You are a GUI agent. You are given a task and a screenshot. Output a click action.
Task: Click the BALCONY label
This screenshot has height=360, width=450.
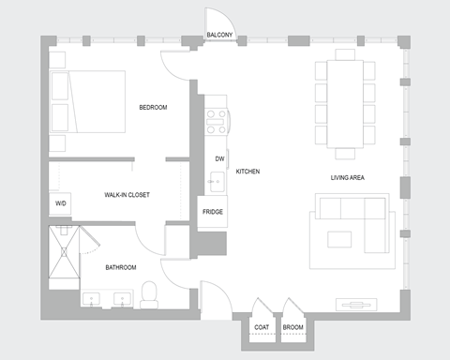click(x=219, y=36)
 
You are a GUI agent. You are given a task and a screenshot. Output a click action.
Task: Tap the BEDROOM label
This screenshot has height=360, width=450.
click(x=153, y=108)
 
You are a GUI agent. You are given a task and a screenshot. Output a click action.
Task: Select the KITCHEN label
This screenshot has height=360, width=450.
click(x=247, y=172)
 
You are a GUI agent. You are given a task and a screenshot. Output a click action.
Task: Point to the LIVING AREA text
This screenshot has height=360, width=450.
click(x=347, y=177)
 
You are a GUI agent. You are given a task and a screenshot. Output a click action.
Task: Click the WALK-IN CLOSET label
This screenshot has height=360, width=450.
click(x=127, y=195)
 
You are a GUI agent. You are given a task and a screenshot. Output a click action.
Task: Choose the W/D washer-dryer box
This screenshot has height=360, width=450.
click(x=61, y=203)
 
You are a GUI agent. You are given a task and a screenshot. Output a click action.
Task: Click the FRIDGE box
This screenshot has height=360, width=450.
click(x=213, y=212)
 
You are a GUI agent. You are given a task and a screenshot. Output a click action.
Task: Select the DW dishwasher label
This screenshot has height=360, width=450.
click(x=219, y=158)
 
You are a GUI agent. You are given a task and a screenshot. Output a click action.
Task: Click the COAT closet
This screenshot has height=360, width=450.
click(x=262, y=327)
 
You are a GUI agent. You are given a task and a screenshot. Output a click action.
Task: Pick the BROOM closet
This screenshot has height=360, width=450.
click(x=293, y=327)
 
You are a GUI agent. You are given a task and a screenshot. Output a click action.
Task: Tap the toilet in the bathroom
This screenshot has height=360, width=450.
click(x=148, y=293)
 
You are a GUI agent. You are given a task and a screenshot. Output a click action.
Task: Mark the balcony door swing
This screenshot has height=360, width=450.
click(x=217, y=19)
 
